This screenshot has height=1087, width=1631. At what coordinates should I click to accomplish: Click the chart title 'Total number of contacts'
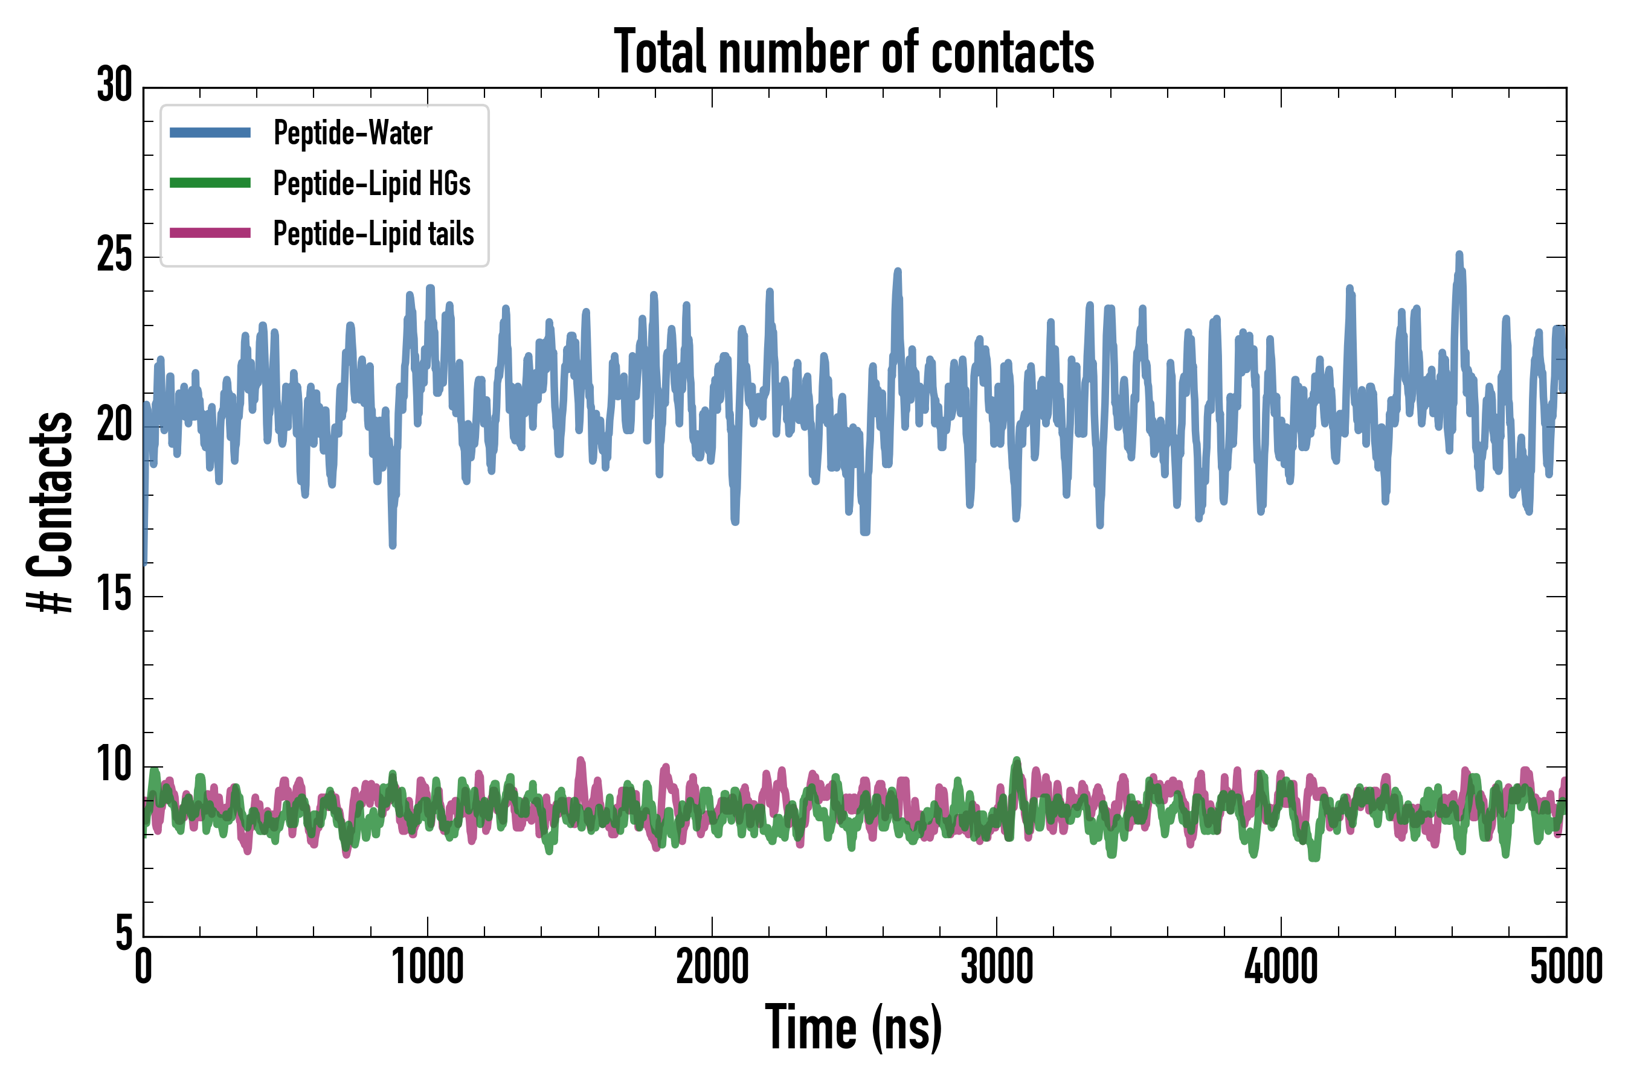pos(854,53)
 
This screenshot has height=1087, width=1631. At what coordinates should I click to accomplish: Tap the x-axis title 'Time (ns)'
pos(854,1027)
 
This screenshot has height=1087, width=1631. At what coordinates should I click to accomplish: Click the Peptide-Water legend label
pos(352,132)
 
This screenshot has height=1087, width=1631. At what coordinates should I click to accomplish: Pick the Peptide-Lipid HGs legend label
pos(372,183)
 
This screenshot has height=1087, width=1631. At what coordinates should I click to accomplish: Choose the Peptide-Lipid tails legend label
pos(373,234)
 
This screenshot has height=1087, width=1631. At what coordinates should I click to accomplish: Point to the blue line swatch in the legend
pos(210,132)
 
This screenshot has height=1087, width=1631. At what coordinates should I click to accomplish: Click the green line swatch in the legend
pos(210,183)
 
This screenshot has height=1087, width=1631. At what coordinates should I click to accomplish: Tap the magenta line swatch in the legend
pos(210,233)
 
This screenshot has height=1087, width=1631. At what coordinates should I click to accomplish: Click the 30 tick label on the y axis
pos(114,86)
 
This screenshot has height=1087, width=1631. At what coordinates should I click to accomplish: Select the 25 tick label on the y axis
pos(114,256)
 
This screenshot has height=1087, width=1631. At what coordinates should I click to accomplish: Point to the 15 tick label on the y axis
pos(114,595)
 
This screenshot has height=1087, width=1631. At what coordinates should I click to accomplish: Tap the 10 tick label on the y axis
pos(114,765)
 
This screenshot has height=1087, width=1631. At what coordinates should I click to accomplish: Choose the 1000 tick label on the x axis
pos(428,967)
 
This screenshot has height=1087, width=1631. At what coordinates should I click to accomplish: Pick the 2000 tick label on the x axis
pos(712,967)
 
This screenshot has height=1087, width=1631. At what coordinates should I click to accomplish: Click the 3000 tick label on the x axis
pos(997,967)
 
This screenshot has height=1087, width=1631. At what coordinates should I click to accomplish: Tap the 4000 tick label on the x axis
pos(1281,967)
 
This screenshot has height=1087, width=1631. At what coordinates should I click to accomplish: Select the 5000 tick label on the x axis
pos(1566,967)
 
